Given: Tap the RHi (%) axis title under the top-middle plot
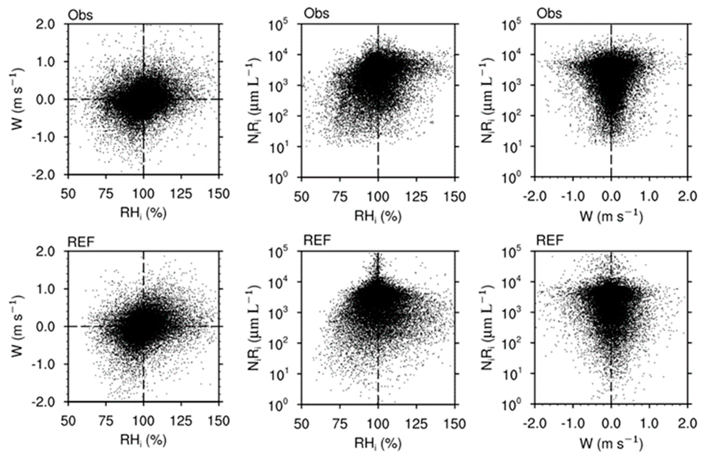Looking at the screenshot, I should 378,217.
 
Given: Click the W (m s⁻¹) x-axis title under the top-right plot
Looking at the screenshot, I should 611,217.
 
